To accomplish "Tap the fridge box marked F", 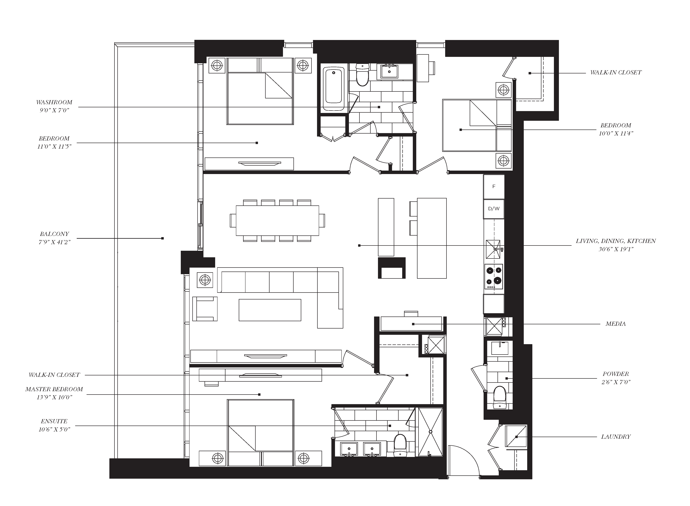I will [494, 187].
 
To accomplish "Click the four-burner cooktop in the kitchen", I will [494, 277].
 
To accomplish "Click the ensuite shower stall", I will [430, 432].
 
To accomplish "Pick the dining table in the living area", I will [277, 221].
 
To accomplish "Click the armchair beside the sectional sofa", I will [205, 309].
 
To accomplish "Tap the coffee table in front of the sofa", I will [270, 310].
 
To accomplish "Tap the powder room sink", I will [500, 348].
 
